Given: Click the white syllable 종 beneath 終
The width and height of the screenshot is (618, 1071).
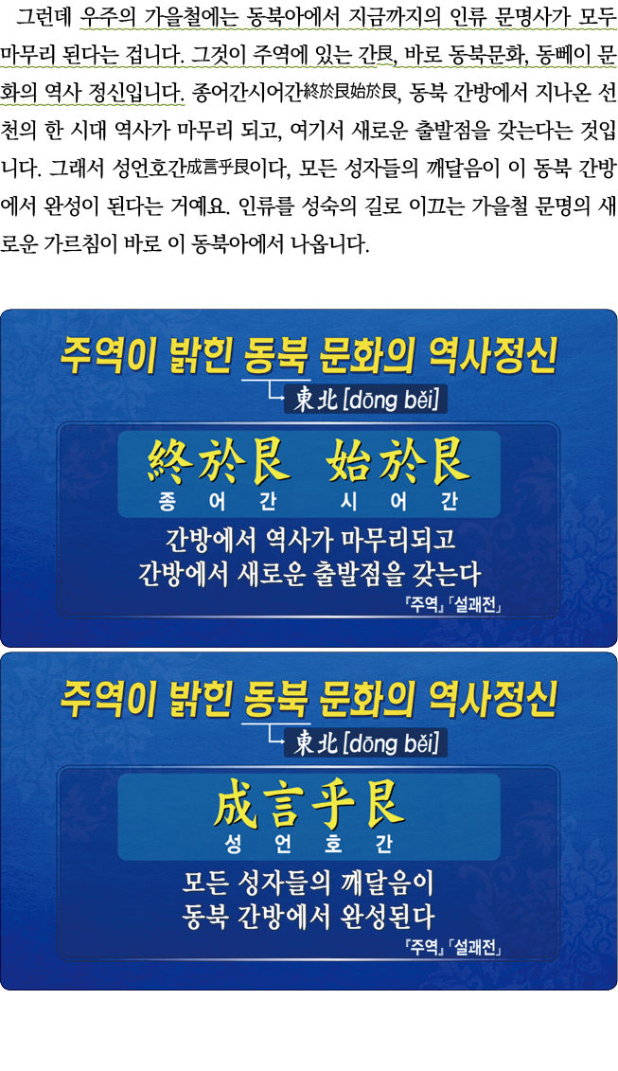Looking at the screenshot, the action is (x=168, y=503).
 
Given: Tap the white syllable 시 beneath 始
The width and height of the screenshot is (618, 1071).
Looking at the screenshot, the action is (x=349, y=503).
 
